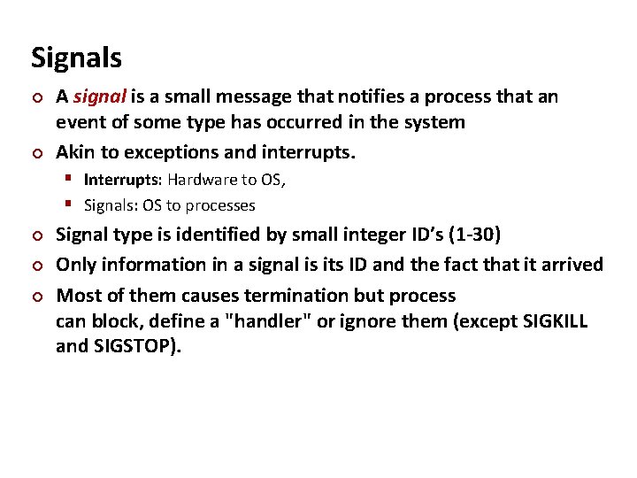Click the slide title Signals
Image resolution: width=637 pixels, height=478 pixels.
(x=76, y=58)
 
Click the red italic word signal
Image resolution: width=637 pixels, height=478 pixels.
(x=97, y=96)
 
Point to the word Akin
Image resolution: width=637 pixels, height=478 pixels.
(x=74, y=152)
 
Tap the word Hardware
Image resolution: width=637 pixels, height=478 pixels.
(x=200, y=180)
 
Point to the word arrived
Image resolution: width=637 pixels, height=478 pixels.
(x=572, y=265)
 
